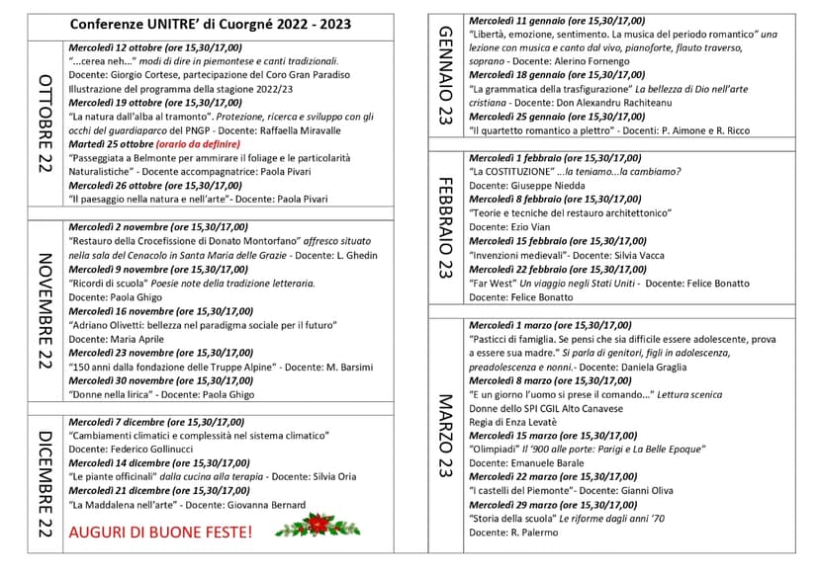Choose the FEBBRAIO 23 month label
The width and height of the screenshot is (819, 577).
point(444,228)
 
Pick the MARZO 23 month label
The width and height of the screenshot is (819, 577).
point(444,436)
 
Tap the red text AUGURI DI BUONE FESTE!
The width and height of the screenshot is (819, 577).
point(160,532)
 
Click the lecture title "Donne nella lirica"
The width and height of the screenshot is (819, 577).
point(111,394)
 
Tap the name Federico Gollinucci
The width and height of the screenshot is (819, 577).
point(151,449)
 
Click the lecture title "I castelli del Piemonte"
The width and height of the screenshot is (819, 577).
point(521,490)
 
